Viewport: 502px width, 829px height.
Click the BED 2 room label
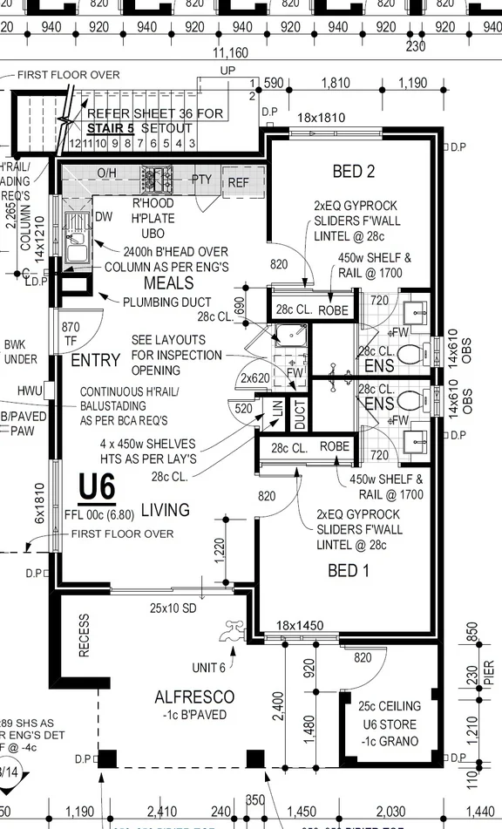[353, 171]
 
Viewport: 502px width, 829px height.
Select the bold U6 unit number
[96, 487]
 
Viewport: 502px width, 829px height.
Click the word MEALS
[168, 283]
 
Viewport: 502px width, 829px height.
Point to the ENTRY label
[95, 360]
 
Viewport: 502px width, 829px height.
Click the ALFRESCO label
[194, 696]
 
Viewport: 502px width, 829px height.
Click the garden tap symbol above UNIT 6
[233, 632]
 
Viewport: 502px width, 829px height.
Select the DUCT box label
[300, 417]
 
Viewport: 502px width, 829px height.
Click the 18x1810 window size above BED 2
[321, 118]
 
